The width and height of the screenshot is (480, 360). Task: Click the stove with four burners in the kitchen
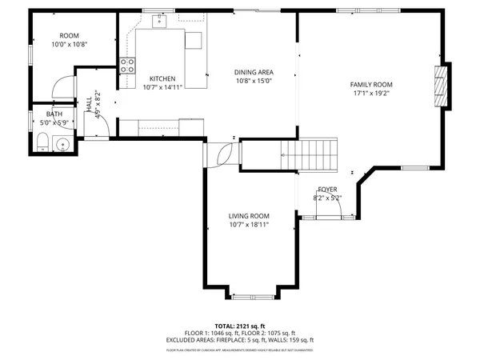click(x=126, y=66)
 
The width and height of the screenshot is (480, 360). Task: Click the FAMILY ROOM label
click(x=371, y=84)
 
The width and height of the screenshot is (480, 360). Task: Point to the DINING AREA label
click(x=254, y=72)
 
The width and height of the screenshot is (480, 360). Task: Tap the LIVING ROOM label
click(x=249, y=216)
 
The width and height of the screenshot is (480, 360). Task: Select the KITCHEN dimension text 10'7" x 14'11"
click(x=162, y=86)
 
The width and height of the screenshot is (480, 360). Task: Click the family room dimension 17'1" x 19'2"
click(x=371, y=93)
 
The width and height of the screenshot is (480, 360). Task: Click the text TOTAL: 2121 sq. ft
click(x=240, y=326)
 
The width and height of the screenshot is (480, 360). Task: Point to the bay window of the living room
click(x=252, y=296)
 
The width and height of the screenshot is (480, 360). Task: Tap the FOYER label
click(x=329, y=190)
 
